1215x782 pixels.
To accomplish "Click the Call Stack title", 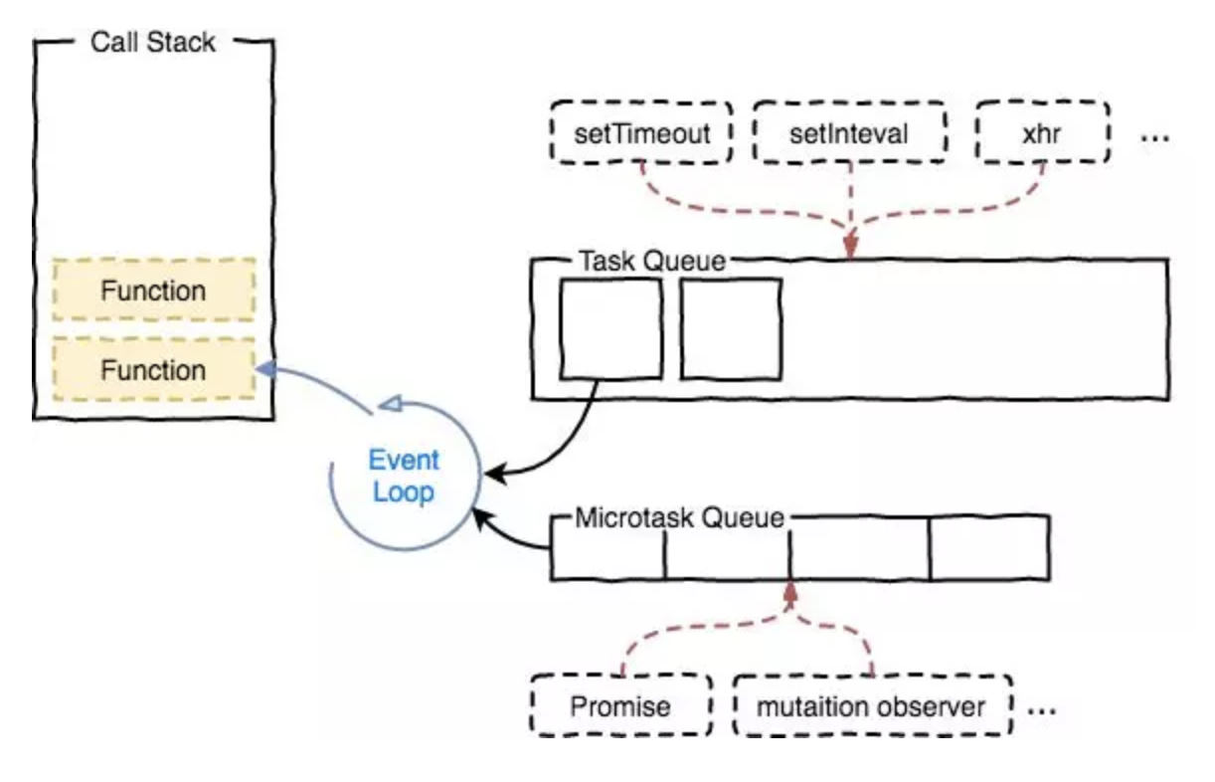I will (x=153, y=42).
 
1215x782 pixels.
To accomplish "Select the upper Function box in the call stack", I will (x=153, y=291).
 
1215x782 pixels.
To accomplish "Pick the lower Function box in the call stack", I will (x=153, y=370).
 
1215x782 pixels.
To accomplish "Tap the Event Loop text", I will (x=404, y=477).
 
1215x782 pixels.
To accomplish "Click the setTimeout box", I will (x=642, y=132).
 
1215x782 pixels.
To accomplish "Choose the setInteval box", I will (x=848, y=132).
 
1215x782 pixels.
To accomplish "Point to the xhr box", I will (x=1042, y=132).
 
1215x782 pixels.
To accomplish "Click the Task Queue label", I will (x=652, y=261).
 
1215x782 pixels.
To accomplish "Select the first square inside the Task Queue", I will (x=610, y=329).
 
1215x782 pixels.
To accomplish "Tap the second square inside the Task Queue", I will (x=731, y=329).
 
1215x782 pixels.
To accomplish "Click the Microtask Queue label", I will (x=680, y=517).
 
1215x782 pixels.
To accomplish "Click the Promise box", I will (x=620, y=707).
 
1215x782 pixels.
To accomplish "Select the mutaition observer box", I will (x=871, y=707).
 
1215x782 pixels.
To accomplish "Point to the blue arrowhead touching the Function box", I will (x=263, y=369).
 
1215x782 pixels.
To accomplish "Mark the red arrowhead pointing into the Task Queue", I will (x=850, y=245).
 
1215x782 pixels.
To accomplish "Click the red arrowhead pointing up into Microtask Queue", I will (x=791, y=591).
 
